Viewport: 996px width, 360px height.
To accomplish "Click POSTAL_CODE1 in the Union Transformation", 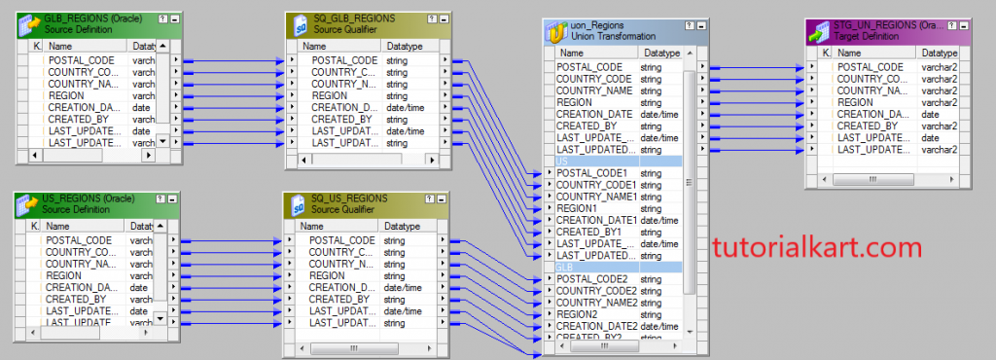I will click(594, 173).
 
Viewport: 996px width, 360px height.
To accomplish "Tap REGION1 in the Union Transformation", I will click(578, 208).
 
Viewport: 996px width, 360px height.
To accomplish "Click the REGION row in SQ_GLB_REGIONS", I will click(332, 96).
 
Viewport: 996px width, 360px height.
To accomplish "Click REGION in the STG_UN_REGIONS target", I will click(855, 102).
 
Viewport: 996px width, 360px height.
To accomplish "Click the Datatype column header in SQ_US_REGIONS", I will click(402, 226).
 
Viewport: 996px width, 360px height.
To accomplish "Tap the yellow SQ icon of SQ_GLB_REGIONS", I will click(302, 23).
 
